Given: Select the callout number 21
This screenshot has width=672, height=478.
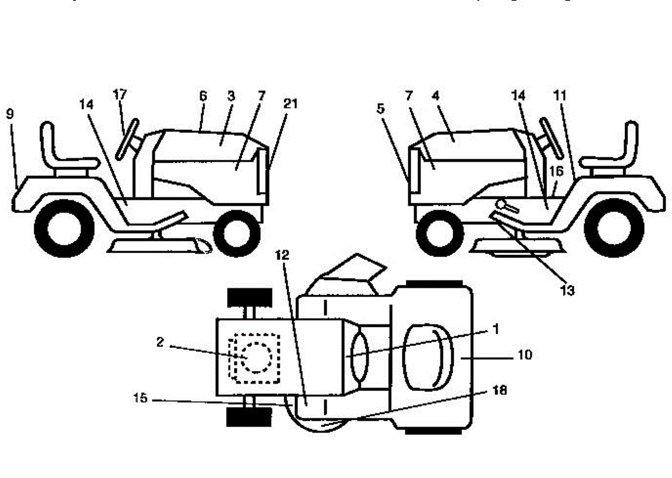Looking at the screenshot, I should pyautogui.click(x=291, y=104).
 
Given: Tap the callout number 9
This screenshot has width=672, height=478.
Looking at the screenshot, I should pyautogui.click(x=10, y=114).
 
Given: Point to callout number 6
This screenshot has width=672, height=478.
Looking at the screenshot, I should pyautogui.click(x=203, y=96).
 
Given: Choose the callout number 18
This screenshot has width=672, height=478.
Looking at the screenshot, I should pyautogui.click(x=500, y=392).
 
